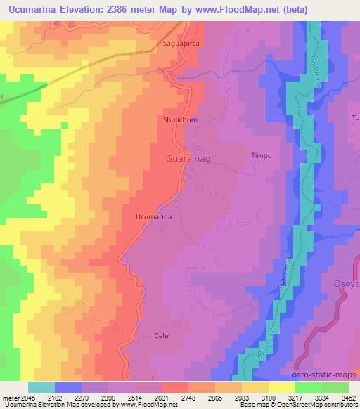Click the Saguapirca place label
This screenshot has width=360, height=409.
click(x=173, y=44)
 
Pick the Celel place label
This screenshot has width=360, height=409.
click(x=162, y=337)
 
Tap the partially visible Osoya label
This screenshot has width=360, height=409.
click(x=345, y=283)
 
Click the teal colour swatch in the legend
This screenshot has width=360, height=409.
click(x=41, y=387)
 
